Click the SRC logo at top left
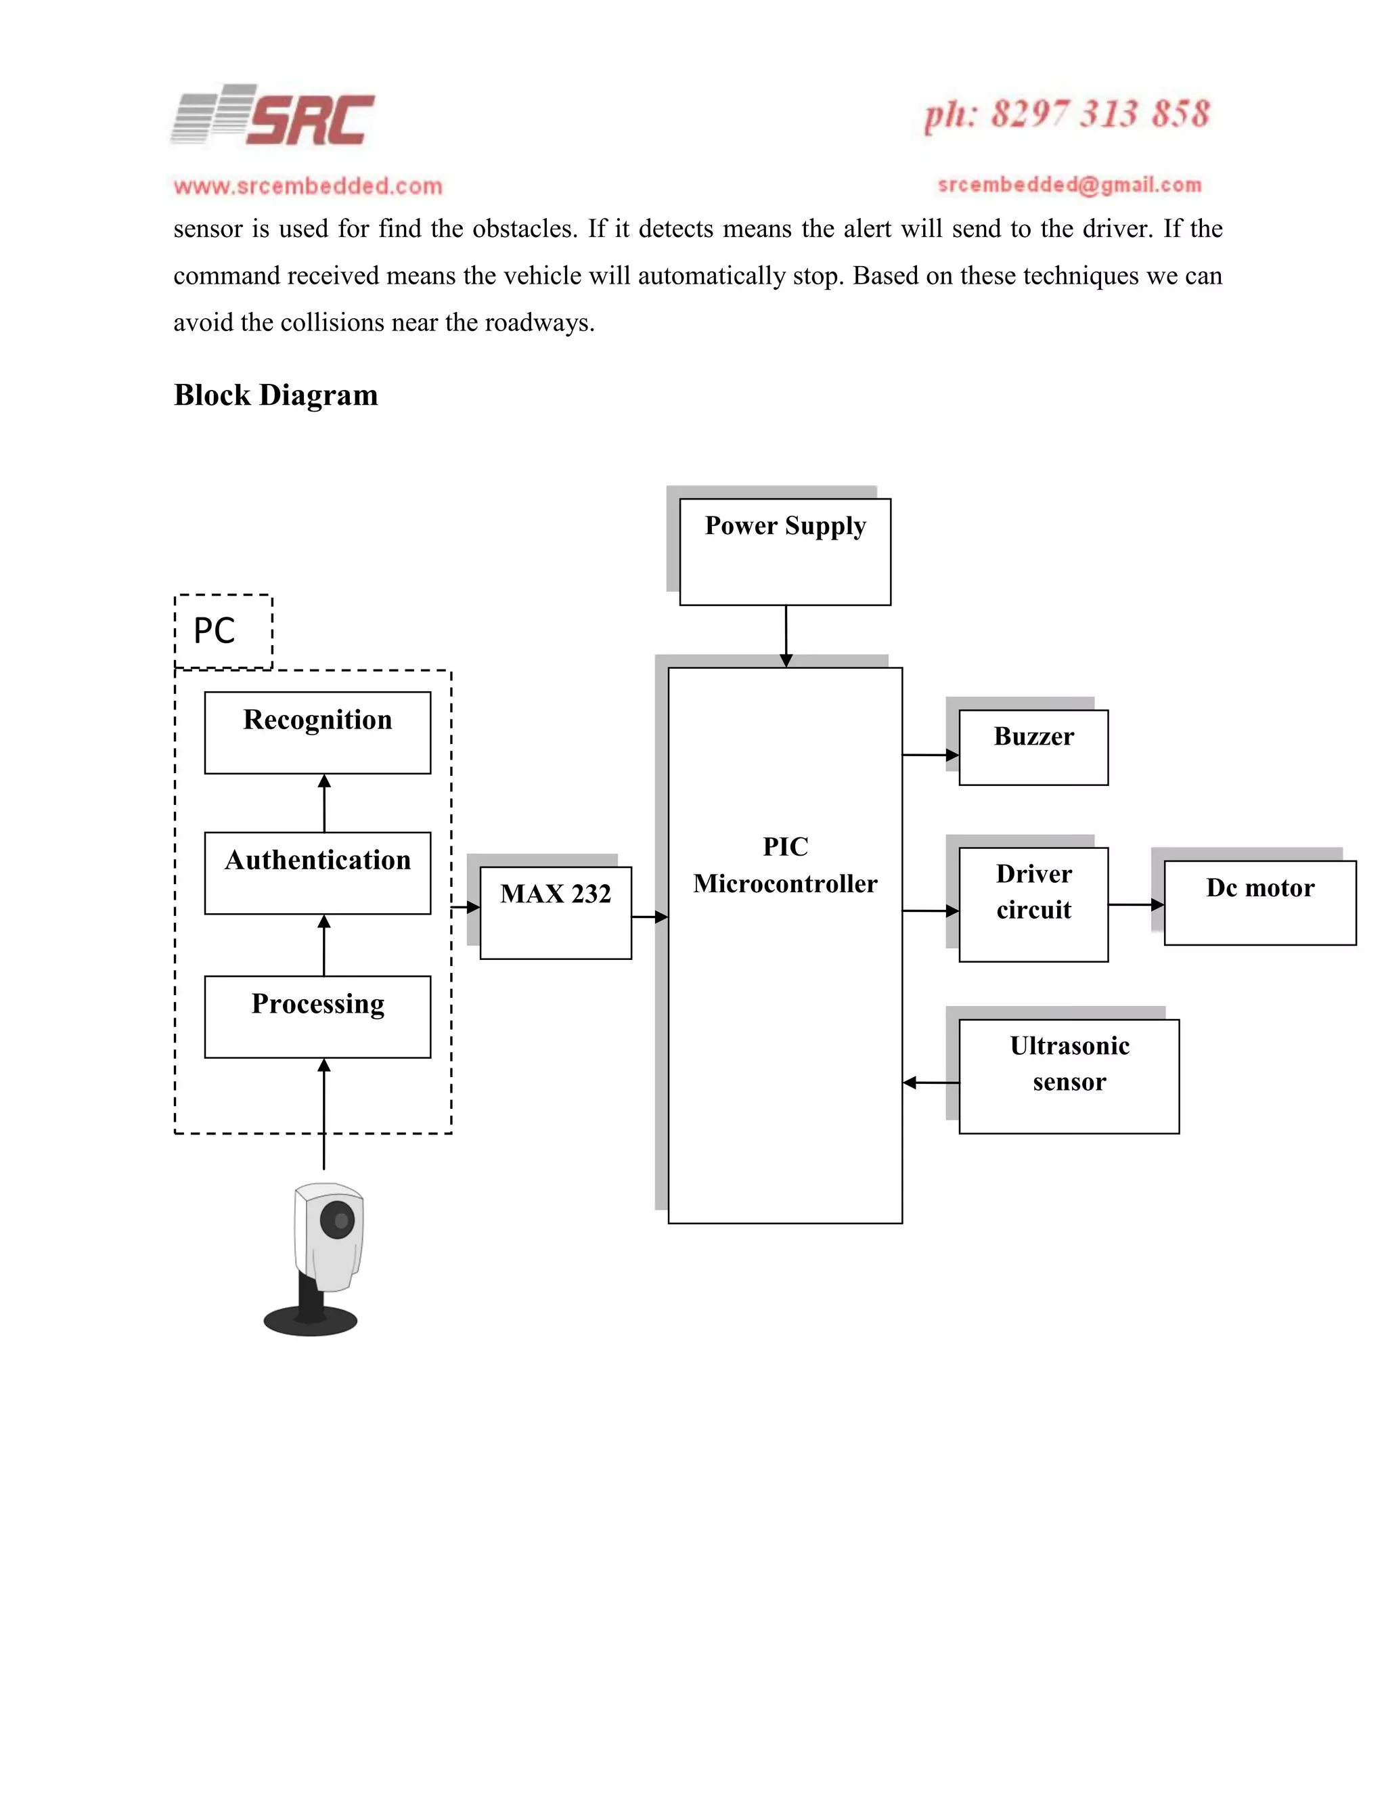pyautogui.click(x=273, y=116)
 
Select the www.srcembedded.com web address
pyautogui.click(x=308, y=186)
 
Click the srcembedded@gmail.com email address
pyautogui.click(x=1069, y=185)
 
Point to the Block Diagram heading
pyautogui.click(x=276, y=396)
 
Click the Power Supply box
pyautogui.click(x=785, y=551)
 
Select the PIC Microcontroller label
pyautogui.click(x=785, y=865)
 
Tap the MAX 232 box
pyautogui.click(x=556, y=912)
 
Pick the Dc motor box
pyautogui.click(x=1259, y=902)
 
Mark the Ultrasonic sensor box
pyautogui.click(x=1069, y=1076)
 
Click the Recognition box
pyautogui.click(x=318, y=732)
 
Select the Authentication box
pyautogui.click(x=318, y=873)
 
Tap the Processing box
pyautogui.click(x=318, y=1016)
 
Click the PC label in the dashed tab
pyautogui.click(x=215, y=631)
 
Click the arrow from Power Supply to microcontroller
pyautogui.click(x=786, y=636)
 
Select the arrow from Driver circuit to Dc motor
pyautogui.click(x=1136, y=904)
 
